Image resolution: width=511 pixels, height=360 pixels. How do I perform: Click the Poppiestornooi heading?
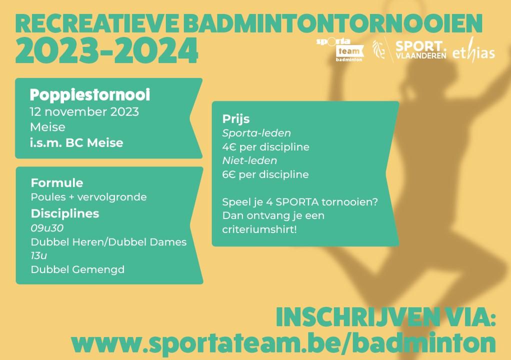(x=90, y=95)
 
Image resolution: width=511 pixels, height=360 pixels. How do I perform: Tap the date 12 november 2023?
(x=84, y=111)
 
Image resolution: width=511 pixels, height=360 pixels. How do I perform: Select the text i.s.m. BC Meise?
(x=76, y=142)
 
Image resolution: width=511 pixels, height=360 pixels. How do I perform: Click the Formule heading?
(x=56, y=183)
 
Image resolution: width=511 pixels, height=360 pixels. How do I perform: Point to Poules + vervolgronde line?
(x=88, y=197)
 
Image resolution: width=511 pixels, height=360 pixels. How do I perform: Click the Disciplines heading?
(x=65, y=213)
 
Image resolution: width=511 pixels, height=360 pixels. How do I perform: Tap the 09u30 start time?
(x=47, y=228)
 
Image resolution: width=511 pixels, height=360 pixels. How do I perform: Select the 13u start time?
(x=39, y=255)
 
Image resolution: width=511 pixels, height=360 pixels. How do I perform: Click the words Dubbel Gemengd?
(x=77, y=269)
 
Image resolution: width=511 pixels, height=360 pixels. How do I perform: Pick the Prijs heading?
(x=236, y=119)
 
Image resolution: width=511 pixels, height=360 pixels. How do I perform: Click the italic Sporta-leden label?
(x=256, y=133)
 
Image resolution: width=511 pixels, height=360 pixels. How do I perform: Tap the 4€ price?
(x=229, y=147)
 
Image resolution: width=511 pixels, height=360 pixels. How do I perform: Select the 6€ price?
(x=229, y=174)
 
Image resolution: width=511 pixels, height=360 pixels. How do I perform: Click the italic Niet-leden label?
(x=249, y=160)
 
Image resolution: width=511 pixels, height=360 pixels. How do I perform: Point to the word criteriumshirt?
(x=259, y=229)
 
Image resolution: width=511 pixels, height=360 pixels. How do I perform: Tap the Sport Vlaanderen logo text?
(x=420, y=50)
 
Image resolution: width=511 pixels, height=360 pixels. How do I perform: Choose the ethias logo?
(x=473, y=50)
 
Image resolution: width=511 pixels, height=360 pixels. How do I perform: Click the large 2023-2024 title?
(x=106, y=51)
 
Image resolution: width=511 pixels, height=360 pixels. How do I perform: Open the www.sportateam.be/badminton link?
(x=283, y=342)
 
